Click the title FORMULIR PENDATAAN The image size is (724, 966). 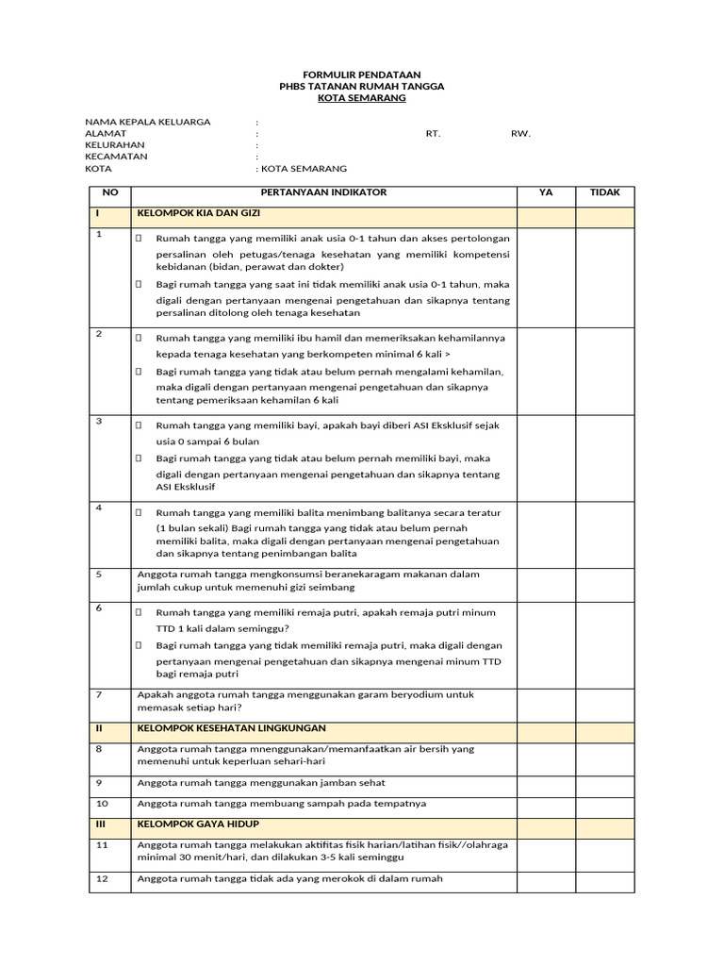362,74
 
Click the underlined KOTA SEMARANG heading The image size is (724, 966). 362,98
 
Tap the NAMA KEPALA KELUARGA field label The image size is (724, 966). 148,122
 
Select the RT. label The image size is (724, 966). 433,134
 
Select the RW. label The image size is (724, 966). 520,134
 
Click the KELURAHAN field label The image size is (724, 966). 117,145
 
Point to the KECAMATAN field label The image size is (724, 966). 117,157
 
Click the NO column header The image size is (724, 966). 109,192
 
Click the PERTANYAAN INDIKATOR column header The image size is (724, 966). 323,192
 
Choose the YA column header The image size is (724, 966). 546,192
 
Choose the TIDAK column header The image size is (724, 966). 604,192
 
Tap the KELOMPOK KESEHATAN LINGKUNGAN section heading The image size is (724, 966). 232,728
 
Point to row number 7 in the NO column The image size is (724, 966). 98,694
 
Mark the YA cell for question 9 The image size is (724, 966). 546,783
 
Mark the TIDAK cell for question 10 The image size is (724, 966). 604,804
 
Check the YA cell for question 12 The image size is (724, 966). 546,879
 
